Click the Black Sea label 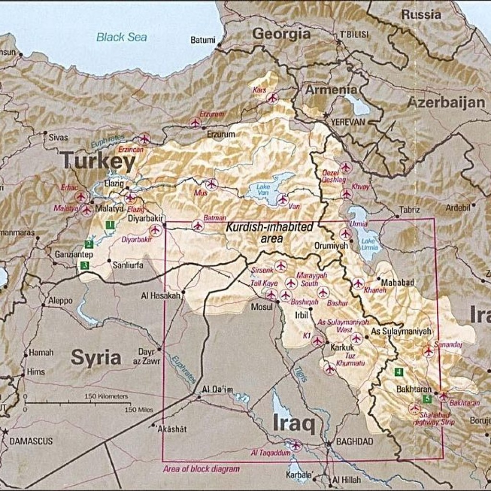[x=122, y=37]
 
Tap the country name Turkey [x=98, y=162]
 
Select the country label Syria [x=96, y=357]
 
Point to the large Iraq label [x=294, y=423]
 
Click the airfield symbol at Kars [x=272, y=98]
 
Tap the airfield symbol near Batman [x=198, y=225]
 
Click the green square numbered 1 [x=110, y=224]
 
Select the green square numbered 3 [x=84, y=265]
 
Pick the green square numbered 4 [x=399, y=371]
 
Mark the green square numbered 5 [x=426, y=398]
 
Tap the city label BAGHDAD [x=354, y=442]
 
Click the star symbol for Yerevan [x=327, y=115]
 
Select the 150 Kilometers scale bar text [x=106, y=397]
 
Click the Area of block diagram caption [x=201, y=469]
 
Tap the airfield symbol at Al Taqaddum [x=296, y=445]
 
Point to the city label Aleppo [x=60, y=301]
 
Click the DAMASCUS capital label [x=31, y=441]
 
